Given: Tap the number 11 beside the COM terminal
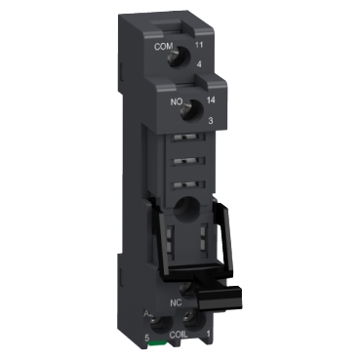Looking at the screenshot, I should pos(201,46).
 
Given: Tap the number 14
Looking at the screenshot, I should pos(207,98).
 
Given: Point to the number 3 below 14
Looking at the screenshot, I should pos(205,118).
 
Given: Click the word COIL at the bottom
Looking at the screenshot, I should pos(180,336).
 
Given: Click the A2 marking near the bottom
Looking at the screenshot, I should pos(146,314).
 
